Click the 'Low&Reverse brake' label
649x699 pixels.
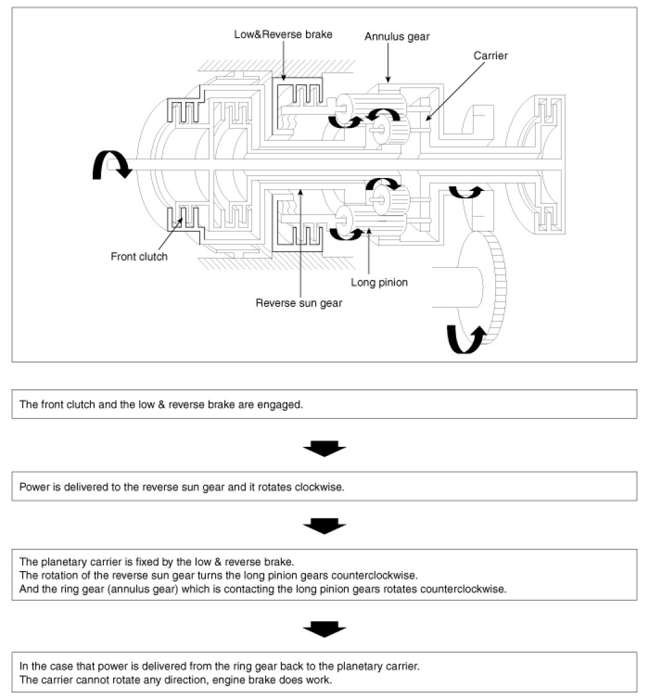(x=283, y=35)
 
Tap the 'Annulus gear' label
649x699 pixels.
(x=397, y=36)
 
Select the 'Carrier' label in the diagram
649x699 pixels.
(x=490, y=56)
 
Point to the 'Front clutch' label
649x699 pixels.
(x=139, y=256)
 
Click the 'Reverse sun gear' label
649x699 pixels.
(x=299, y=303)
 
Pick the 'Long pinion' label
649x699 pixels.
(x=379, y=282)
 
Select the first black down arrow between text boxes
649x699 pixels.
(x=324, y=448)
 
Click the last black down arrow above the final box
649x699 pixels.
(x=324, y=629)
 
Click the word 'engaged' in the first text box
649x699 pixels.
(x=284, y=405)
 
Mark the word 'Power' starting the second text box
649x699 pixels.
(x=32, y=486)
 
